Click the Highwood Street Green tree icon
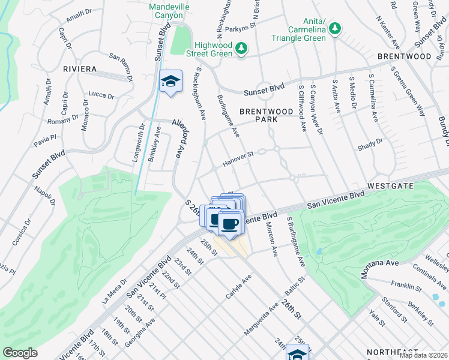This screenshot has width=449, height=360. (x=241, y=48)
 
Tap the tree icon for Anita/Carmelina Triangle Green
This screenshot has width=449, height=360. (x=334, y=28)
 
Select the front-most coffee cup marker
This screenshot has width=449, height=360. (x=230, y=224)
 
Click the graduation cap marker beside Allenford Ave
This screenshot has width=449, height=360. (x=170, y=82)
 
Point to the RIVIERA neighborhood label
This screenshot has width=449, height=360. (x=80, y=69)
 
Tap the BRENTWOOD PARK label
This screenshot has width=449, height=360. (x=259, y=115)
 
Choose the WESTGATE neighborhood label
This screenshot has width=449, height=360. (x=391, y=186)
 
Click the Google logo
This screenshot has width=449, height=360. (x=20, y=353)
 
